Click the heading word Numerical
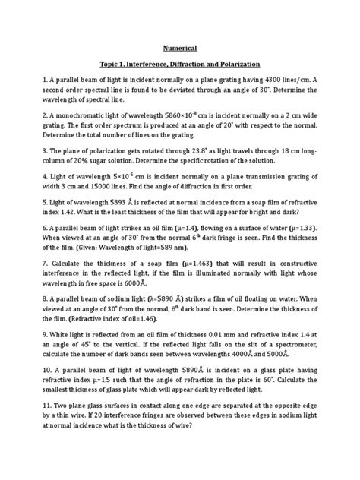180,46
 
